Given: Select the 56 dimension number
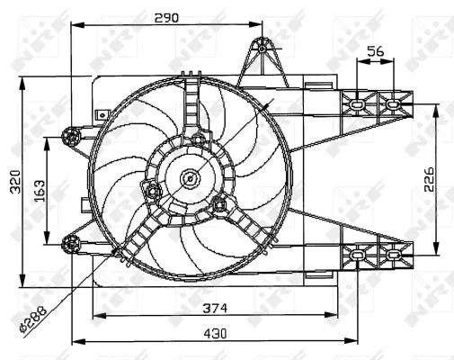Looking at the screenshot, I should pos(376,51).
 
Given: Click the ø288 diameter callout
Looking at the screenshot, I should pos(33,319).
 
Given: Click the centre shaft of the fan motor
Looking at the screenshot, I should pos(191,178).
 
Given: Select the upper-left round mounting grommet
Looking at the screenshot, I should pos(70,136).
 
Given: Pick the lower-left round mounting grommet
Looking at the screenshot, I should pos(70,241).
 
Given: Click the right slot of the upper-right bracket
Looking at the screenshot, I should pos(392,103).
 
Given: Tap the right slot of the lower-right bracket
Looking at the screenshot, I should pos(392,256).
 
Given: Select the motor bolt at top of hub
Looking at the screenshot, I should pos(194,137).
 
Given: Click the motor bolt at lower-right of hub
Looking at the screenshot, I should pos(219,202).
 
